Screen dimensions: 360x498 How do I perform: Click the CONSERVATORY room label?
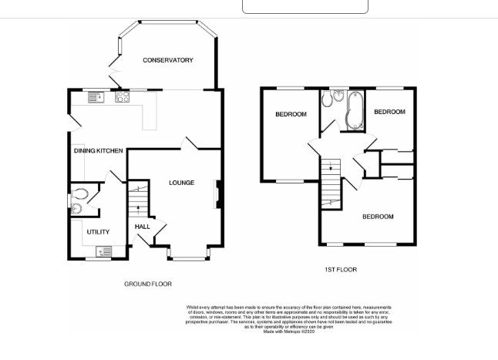pyautogui.click(x=167, y=60)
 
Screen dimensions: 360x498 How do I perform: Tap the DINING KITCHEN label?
pyautogui.click(x=98, y=151)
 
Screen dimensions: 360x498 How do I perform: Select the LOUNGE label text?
pyautogui.click(x=182, y=183)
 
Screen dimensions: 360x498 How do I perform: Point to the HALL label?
pyautogui.click(x=143, y=227)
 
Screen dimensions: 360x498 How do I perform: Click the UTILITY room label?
pyautogui.click(x=97, y=231)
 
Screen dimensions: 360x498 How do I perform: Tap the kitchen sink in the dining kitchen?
pyautogui.click(x=96, y=96)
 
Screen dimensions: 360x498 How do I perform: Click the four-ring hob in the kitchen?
pyautogui.click(x=122, y=96)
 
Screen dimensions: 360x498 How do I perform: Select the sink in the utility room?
pyautogui.click(x=103, y=251)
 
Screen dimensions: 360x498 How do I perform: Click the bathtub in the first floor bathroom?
pyautogui.click(x=355, y=110)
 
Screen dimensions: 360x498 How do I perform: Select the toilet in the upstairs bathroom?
pyautogui.click(x=328, y=99)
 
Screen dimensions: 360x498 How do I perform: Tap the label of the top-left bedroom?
pyautogui.click(x=291, y=115)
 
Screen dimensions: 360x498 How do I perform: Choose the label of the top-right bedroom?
pyautogui.click(x=389, y=112)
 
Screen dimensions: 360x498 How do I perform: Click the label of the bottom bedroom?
pyautogui.click(x=378, y=217)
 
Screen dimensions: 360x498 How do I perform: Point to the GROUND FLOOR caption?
pyautogui.click(x=148, y=284)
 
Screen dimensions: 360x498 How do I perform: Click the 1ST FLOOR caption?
pyautogui.click(x=340, y=270)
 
